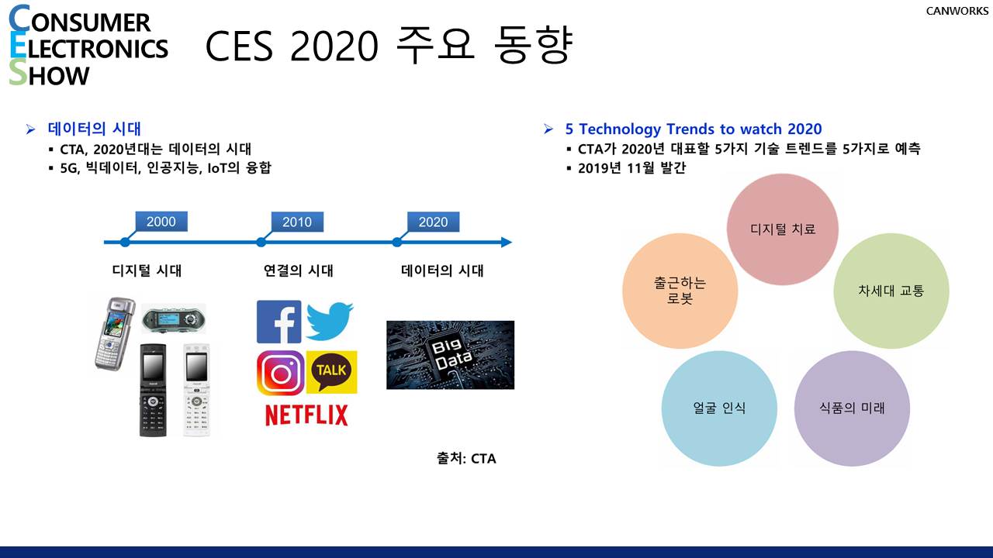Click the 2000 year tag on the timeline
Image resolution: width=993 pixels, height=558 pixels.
click(161, 222)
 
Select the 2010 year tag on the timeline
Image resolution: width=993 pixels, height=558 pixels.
click(297, 222)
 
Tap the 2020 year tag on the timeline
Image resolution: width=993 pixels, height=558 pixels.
click(433, 222)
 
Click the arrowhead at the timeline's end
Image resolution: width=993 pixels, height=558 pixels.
click(507, 243)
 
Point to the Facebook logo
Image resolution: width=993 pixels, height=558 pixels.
click(279, 322)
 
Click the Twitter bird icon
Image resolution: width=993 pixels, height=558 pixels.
click(330, 321)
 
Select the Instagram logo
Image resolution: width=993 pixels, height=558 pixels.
click(280, 374)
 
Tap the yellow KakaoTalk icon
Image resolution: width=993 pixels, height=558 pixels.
click(331, 372)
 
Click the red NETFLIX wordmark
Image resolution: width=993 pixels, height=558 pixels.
click(306, 415)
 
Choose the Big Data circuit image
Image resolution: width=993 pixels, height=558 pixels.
click(451, 355)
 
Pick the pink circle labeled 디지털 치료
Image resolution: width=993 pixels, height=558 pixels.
click(783, 229)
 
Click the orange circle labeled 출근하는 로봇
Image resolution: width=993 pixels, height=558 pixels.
click(680, 291)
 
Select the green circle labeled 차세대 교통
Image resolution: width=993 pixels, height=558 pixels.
click(891, 291)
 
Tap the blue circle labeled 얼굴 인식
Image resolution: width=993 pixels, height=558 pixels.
click(719, 408)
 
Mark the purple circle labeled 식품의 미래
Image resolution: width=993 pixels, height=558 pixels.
click(852, 408)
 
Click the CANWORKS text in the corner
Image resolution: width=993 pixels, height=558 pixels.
click(957, 11)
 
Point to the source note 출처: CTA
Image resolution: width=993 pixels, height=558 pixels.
click(466, 458)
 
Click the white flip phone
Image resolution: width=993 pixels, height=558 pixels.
click(197, 391)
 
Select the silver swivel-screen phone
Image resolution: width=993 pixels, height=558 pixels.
click(114, 333)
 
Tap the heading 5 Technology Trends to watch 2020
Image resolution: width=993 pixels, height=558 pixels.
click(694, 129)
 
